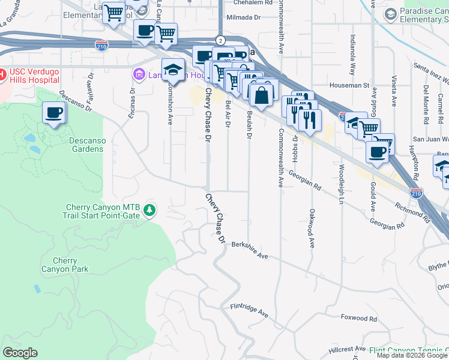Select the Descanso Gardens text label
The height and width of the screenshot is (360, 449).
click(x=79, y=145)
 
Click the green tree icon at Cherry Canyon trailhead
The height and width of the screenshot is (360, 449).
click(x=149, y=211)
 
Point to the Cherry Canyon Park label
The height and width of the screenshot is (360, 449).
click(x=71, y=265)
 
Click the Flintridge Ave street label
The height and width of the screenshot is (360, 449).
click(x=249, y=309)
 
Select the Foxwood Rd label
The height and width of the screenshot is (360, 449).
click(x=358, y=319)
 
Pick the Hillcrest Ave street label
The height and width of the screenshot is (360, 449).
click(x=347, y=349)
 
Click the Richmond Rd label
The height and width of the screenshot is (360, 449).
click(x=413, y=212)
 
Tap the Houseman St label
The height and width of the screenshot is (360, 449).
click(x=349, y=85)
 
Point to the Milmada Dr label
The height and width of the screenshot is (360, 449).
click(x=244, y=17)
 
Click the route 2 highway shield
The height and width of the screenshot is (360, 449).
click(x=221, y=40)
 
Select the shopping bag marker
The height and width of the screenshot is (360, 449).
click(x=262, y=94)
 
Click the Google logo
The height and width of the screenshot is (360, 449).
click(x=20, y=353)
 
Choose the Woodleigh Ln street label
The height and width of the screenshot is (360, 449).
click(x=341, y=178)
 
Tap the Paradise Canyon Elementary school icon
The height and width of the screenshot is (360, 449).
click(x=390, y=14)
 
